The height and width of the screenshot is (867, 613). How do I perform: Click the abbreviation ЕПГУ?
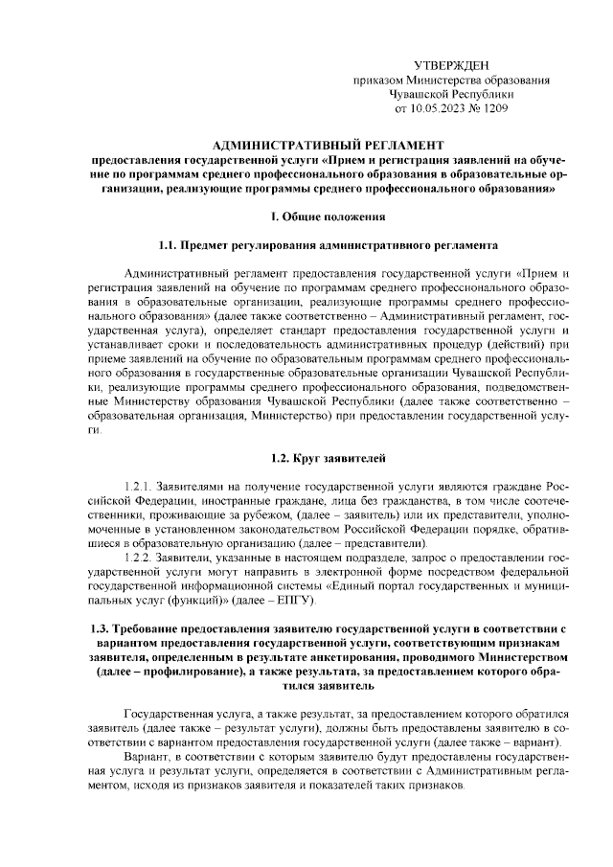click(305, 601)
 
